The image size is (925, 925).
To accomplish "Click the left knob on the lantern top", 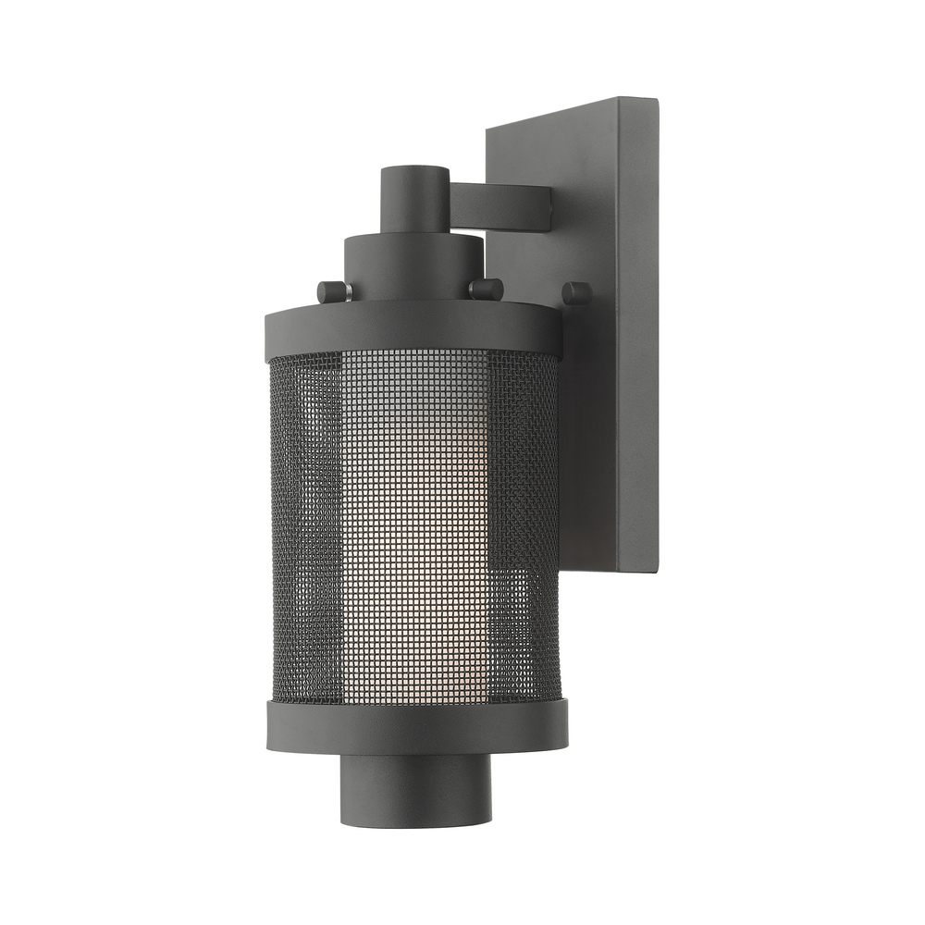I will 332,291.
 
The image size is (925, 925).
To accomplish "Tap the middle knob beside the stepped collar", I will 485,289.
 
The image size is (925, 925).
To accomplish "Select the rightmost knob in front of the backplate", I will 576,293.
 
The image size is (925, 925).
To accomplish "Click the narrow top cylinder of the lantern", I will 413,199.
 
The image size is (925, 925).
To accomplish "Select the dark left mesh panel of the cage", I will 305,527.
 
